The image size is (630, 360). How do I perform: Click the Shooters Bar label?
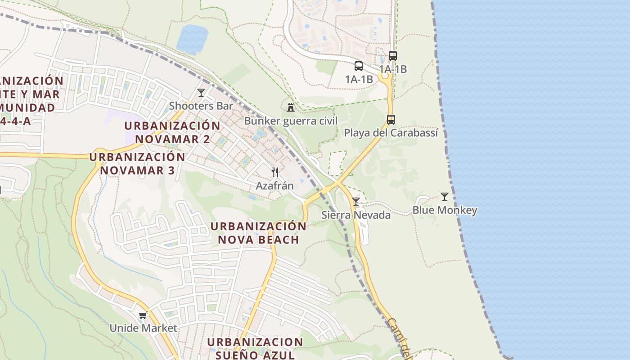tap(201, 106)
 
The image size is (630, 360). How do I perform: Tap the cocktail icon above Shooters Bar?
tap(201, 93)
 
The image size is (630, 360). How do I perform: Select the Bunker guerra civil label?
tap(291, 121)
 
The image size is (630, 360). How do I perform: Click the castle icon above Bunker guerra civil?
tap(291, 107)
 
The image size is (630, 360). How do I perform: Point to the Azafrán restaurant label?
tap(274, 185)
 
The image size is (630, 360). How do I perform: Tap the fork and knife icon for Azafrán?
tap(275, 172)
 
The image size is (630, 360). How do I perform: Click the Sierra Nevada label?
tap(356, 215)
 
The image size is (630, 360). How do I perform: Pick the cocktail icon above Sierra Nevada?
tap(356, 201)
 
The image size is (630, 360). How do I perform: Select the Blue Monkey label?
tap(445, 210)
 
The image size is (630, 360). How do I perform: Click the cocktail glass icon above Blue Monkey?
tap(445, 196)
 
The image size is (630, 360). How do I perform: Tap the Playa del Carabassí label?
tap(391, 133)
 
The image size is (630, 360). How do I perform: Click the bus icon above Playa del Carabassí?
tap(391, 120)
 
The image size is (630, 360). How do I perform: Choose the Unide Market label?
tap(143, 328)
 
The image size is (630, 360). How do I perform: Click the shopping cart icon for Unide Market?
tap(143, 315)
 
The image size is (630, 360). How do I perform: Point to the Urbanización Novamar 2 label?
tap(172, 132)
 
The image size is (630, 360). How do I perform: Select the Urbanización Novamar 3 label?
tap(137, 163)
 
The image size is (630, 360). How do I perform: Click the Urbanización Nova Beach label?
tap(258, 233)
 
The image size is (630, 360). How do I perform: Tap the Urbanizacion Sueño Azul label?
tap(255, 348)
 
